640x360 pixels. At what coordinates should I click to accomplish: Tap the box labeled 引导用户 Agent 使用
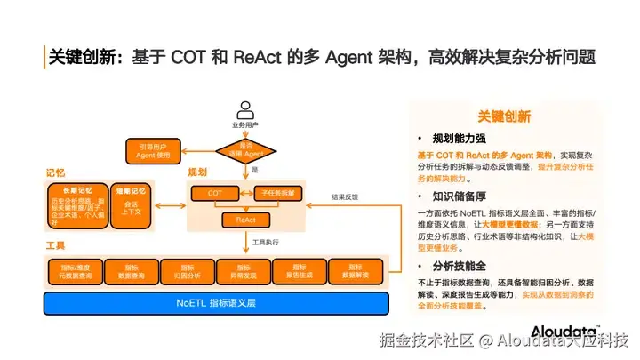click(152, 150)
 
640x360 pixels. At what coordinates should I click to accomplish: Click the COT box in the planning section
click(216, 193)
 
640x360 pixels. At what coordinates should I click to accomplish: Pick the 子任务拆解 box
click(278, 193)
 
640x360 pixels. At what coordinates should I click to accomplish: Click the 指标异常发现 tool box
click(244, 270)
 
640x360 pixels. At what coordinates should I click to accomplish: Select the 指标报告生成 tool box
click(300, 270)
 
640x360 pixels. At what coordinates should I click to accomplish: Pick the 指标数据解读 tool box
click(356, 270)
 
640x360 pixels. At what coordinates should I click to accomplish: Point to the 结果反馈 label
click(345, 197)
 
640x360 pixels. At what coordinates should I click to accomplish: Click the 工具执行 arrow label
click(266, 241)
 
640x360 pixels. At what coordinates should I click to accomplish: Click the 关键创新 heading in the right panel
click(504, 116)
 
